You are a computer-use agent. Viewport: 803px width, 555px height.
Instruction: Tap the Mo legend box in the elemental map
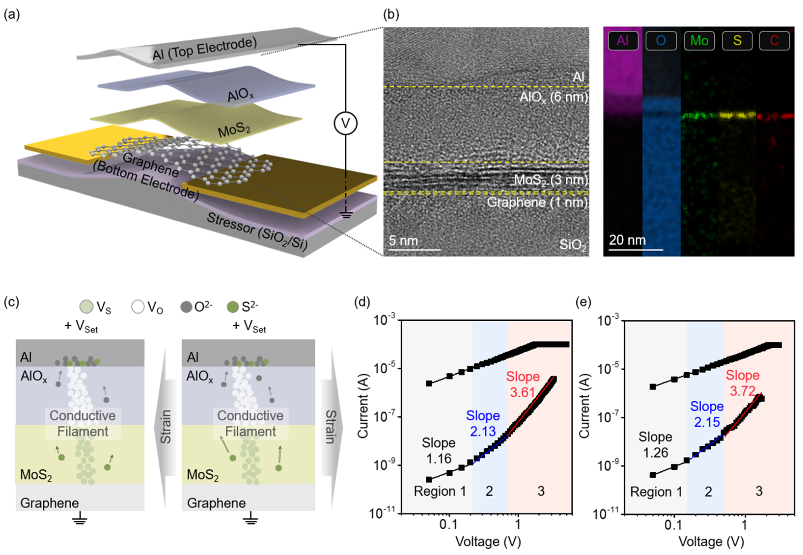click(699, 41)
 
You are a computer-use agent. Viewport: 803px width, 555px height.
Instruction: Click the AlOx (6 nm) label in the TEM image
click(553, 97)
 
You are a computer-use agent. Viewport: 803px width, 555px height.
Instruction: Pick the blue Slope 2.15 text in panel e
click(707, 414)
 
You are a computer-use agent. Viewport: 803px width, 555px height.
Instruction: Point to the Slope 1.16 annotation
click(439, 451)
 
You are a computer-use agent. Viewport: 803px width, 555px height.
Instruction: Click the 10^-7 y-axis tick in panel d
click(385, 416)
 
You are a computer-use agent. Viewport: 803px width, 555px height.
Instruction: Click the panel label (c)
click(12, 302)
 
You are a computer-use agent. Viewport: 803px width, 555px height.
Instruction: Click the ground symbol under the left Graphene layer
click(80, 519)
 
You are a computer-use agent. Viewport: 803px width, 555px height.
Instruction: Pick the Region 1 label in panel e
click(656, 492)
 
